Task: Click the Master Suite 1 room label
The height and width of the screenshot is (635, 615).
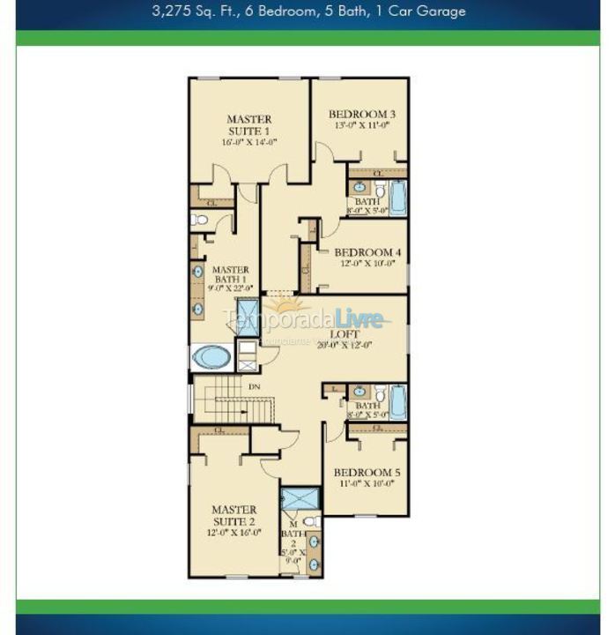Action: (248, 125)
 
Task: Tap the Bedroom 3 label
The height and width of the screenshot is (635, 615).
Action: (361, 114)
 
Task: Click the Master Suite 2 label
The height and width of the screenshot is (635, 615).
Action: (233, 515)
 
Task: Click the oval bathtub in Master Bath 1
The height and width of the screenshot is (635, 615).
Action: (211, 357)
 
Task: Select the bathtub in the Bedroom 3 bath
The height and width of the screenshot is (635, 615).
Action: (397, 198)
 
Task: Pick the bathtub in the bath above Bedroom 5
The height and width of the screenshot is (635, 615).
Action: (397, 402)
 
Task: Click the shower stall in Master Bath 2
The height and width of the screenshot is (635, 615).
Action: (300, 497)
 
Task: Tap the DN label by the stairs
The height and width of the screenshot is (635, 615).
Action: (254, 386)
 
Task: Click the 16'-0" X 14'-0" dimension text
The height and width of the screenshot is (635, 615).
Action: (249, 142)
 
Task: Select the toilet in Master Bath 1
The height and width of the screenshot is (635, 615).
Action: (199, 220)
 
